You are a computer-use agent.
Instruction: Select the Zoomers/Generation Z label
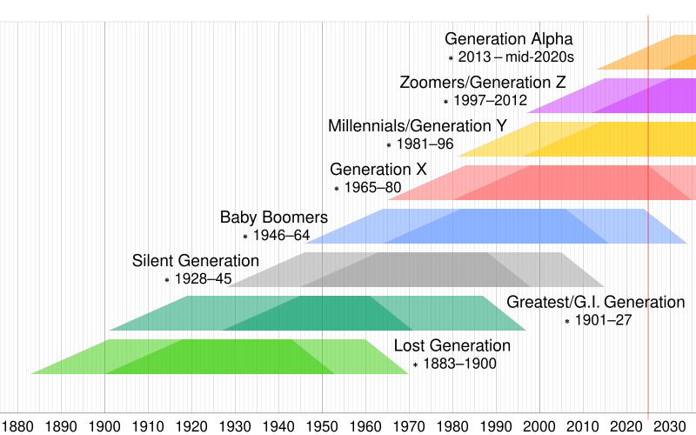pos(482,83)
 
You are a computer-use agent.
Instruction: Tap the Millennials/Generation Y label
pos(417,126)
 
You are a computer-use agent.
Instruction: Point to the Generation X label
pos(378,169)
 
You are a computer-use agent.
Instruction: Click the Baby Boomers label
pos(273,217)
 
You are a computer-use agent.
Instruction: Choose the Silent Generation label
pos(195,261)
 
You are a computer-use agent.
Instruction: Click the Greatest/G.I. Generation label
pos(595,303)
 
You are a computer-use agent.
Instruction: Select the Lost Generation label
pos(452,346)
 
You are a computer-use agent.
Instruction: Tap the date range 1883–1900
pos(459,365)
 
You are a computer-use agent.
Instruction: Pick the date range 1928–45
pos(203,279)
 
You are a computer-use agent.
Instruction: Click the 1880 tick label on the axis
pos(17,426)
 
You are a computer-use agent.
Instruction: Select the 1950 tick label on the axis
pos(322,426)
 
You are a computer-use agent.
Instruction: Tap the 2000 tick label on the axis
pos(539,426)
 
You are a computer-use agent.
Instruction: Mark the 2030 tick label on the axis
pos(670,426)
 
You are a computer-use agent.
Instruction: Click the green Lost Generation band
pos(217,357)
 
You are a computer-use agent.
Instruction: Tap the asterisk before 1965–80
pos(337,189)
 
